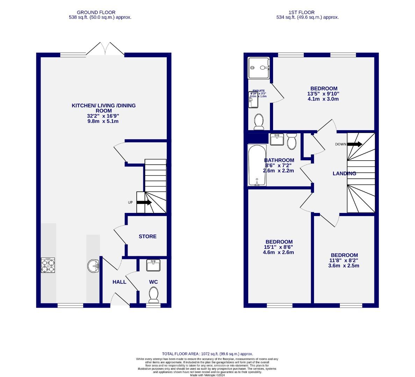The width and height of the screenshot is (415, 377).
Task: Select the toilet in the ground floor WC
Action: point(153,294)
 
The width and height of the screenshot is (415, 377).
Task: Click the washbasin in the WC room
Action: point(153,265)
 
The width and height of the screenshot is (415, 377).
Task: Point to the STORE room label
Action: point(148,236)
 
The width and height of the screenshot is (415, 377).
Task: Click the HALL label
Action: point(119,282)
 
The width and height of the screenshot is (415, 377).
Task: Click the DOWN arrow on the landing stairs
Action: point(355,144)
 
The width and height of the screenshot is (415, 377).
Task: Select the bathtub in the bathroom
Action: point(257,165)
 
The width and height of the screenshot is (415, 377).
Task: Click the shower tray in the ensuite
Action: point(259,68)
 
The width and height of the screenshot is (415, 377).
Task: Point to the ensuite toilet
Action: point(259,121)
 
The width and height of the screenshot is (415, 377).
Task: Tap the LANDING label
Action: point(344,173)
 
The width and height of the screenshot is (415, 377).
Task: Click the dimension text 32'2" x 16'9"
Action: point(103,116)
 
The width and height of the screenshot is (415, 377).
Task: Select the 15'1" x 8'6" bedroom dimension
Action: point(279,247)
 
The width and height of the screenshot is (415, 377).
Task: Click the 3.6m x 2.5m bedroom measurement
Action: point(344,266)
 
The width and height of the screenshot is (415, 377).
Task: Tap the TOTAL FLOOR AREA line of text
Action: point(207,354)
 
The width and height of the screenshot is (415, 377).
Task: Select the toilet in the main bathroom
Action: point(291,141)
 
